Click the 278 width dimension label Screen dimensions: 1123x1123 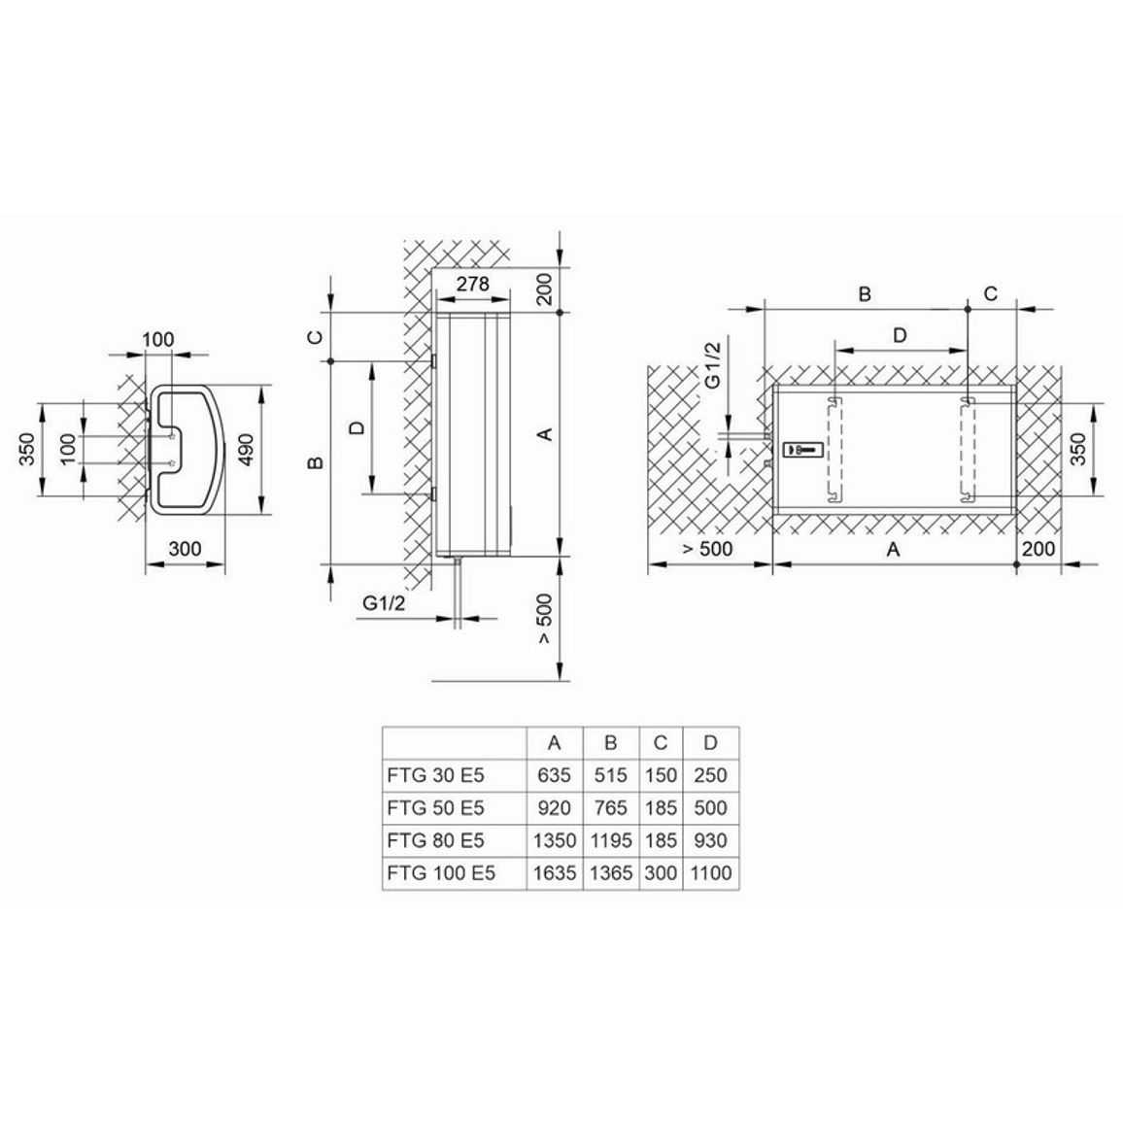(x=473, y=284)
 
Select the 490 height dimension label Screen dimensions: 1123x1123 (x=246, y=450)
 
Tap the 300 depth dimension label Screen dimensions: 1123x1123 (x=185, y=549)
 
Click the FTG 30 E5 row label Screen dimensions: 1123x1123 (x=435, y=775)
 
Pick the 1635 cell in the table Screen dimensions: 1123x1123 (x=555, y=873)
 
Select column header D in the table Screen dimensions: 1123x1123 (x=710, y=743)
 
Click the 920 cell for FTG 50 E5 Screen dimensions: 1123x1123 (x=555, y=808)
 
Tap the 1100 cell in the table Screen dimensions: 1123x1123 (x=710, y=873)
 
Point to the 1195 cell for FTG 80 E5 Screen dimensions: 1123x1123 (x=611, y=841)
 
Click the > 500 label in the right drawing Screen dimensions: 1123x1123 (x=707, y=549)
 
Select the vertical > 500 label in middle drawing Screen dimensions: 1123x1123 (x=546, y=618)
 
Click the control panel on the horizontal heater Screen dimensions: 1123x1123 (x=803, y=450)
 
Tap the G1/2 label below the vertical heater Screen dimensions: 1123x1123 (x=384, y=603)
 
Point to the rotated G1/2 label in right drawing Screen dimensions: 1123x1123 (x=713, y=365)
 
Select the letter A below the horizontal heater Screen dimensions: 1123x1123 (x=893, y=549)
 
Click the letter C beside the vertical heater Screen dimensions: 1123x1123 (x=316, y=337)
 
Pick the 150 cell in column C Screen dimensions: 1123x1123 (x=661, y=775)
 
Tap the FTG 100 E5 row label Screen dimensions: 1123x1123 (x=441, y=873)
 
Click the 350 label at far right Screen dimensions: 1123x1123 (x=1078, y=450)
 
